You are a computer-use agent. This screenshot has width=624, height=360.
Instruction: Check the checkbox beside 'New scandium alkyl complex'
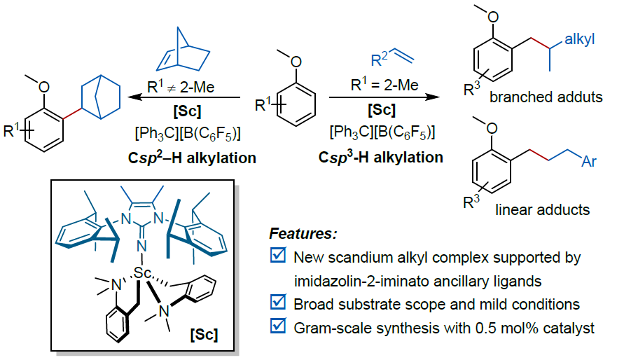click(278, 258)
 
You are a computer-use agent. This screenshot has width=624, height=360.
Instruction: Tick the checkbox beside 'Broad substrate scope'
click(278, 305)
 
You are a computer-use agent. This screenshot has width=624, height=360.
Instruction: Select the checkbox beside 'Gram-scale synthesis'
click(278, 328)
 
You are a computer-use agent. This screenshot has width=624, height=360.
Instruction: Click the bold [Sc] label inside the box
click(204, 334)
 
